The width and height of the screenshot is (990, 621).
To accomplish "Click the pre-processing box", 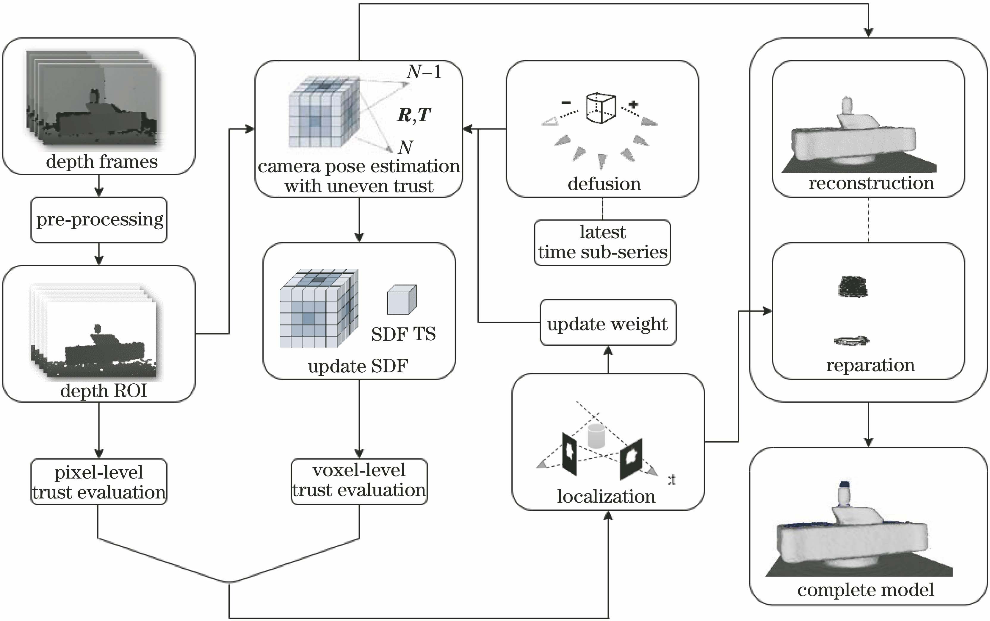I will click(x=99, y=220).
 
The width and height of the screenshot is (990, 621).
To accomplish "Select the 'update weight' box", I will click(x=607, y=323).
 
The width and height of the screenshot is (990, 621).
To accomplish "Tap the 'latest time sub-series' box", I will click(x=602, y=242).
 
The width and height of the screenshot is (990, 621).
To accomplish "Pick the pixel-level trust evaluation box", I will click(x=99, y=482).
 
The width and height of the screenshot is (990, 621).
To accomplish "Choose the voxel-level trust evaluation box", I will click(x=359, y=481).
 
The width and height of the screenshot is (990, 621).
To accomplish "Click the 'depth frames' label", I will click(x=101, y=161).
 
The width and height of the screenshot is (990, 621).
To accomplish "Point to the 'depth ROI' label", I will click(x=104, y=390).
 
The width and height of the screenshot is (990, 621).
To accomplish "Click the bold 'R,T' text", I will click(x=414, y=115).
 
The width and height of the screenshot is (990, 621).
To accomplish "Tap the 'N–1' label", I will click(x=424, y=72).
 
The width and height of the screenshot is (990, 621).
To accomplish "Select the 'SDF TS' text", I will click(x=403, y=334).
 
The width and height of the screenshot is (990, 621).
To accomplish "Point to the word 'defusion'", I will click(x=604, y=184).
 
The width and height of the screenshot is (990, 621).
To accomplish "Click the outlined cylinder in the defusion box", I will click(x=601, y=108).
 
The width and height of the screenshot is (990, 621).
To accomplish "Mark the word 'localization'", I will click(x=606, y=496).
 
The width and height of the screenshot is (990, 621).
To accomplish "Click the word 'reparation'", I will click(x=870, y=365).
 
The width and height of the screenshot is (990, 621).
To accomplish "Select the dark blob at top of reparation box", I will click(x=852, y=286).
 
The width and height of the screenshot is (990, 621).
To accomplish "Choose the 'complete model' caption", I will click(x=866, y=590).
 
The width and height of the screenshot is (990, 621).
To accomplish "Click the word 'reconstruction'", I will click(x=871, y=183).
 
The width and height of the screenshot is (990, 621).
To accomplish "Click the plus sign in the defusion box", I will click(x=633, y=104).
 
